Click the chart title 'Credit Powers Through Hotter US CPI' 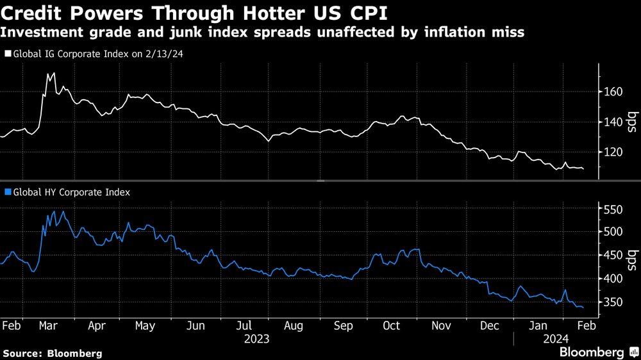click(195, 12)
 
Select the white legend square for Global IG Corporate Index click(7, 54)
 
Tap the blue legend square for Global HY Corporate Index click(7, 191)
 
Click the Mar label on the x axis click(49, 325)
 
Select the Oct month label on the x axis click(391, 325)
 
